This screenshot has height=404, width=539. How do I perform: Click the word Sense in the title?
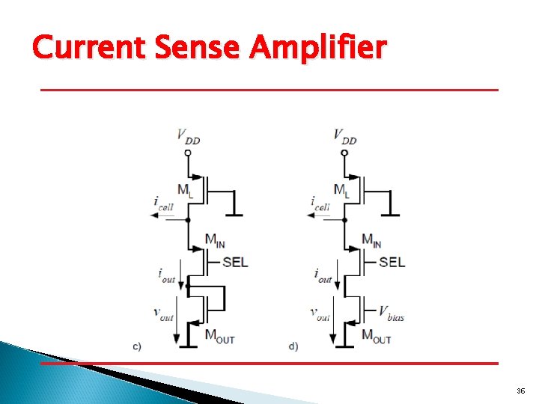(x=197, y=48)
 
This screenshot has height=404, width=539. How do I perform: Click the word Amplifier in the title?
(x=319, y=48)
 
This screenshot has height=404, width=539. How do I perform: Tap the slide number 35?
(x=521, y=391)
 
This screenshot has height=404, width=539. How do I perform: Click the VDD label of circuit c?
(x=187, y=137)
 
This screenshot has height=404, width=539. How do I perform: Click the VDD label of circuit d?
(x=344, y=137)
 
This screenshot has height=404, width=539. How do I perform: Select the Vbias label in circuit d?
(x=391, y=313)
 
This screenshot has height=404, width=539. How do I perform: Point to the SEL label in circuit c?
(x=235, y=262)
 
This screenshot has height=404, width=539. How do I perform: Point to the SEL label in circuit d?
(x=392, y=262)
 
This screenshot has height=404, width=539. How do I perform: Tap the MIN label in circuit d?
(x=371, y=241)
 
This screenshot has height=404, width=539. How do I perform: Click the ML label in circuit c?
(x=184, y=191)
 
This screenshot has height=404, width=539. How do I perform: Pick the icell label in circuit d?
(x=320, y=202)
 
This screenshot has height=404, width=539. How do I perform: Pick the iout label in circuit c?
(x=165, y=275)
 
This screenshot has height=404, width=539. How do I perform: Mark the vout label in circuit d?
(x=320, y=314)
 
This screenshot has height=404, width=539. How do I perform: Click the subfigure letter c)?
(x=137, y=346)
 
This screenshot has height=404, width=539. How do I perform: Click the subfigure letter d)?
(x=293, y=346)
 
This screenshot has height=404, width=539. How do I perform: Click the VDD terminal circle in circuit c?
(x=187, y=153)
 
